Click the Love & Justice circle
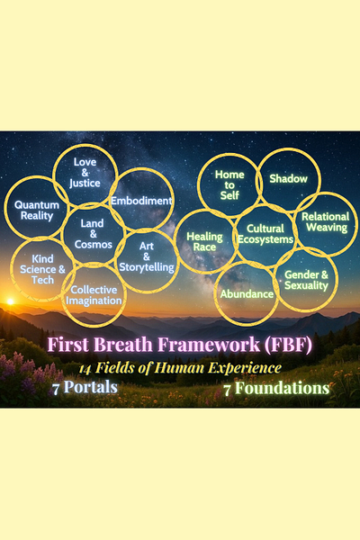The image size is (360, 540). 85,146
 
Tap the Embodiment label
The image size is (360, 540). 141,201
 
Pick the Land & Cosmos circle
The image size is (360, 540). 93,204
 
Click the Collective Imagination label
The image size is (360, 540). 94,295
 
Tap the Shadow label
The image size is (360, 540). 288,178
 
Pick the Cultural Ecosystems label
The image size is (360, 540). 265,234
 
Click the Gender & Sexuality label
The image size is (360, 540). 306,280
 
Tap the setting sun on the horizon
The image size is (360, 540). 10,301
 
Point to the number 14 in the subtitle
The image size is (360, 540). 85,369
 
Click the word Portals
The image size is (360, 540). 91,387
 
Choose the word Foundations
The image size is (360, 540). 283,388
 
